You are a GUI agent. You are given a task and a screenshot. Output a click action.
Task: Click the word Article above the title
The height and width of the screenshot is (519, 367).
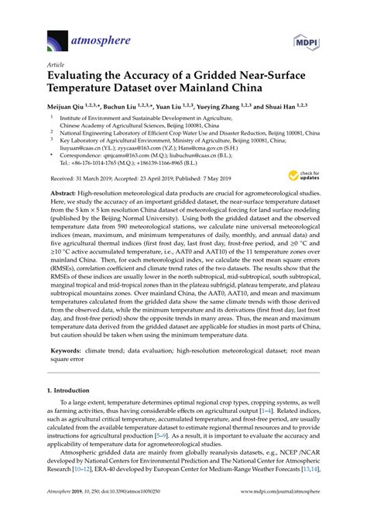coord(56,66)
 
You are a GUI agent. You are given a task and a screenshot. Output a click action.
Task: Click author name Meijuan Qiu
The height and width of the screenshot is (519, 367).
coord(67,106)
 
